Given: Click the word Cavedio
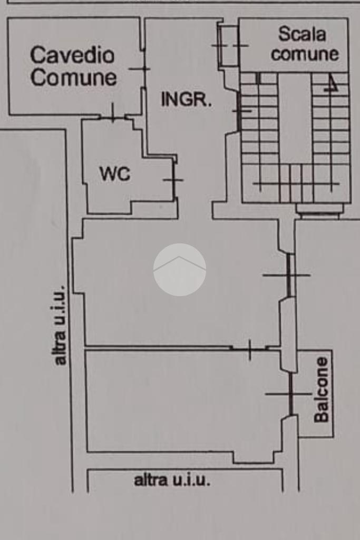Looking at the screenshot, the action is point(72,55).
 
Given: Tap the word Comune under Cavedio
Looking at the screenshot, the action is point(74,77).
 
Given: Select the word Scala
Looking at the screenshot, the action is point(302,34).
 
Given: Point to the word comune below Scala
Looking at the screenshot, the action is point(305,54).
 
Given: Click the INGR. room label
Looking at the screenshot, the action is point(186,100).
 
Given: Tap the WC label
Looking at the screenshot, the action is point(115,174).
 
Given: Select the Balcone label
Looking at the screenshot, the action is point(322,389).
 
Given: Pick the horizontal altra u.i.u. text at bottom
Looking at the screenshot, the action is point(172,480).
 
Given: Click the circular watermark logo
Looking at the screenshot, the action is point(180,270).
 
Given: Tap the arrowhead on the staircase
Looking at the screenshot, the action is point(331,85).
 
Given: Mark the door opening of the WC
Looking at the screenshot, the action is point(174,180).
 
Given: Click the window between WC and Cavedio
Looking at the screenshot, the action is point(113,117).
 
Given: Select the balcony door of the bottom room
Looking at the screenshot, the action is point(291,394).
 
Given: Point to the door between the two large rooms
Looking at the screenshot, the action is point(250,349).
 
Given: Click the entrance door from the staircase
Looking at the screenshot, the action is point(239,111).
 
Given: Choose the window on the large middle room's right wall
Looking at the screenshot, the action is point(289,275).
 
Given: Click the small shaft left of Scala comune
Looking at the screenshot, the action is point(229,45).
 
